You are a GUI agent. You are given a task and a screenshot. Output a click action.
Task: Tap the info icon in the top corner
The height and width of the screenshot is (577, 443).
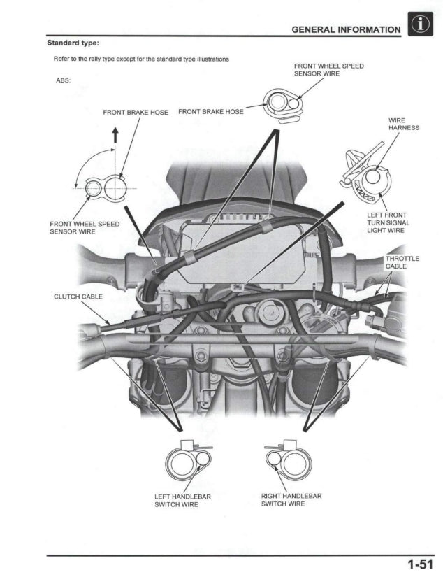pyautogui.click(x=421, y=27)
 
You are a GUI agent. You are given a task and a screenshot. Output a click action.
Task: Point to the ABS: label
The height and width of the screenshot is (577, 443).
pyautogui.click(x=63, y=79)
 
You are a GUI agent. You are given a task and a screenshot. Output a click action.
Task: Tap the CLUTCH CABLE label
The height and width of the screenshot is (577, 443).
pyautogui.click(x=78, y=297)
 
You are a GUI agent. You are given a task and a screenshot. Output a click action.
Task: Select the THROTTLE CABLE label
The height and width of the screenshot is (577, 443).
pyautogui.click(x=402, y=262)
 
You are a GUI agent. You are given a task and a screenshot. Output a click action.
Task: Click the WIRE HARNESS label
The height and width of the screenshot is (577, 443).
pyautogui.click(x=403, y=124)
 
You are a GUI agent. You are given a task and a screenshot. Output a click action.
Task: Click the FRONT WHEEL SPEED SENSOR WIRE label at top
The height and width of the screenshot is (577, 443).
pyautogui.click(x=328, y=69)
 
